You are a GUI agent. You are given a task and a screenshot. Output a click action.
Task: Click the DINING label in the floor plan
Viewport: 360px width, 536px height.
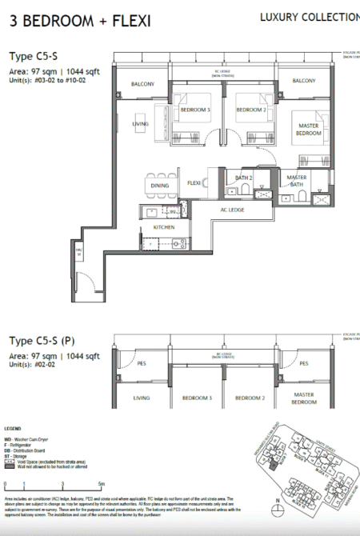tap(159, 186)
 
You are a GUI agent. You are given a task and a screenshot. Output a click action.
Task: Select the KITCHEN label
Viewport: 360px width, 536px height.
tap(163, 227)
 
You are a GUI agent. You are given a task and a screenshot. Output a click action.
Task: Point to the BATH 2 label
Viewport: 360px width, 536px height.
tap(244, 177)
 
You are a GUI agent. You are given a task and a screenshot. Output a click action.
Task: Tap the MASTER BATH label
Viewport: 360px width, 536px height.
tap(297, 181)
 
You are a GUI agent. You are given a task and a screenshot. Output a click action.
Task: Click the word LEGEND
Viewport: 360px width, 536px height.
tap(17, 430)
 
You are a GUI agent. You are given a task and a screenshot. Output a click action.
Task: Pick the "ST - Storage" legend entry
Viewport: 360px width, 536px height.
tap(26, 458)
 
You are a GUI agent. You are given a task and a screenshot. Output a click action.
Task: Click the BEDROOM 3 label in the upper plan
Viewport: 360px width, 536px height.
tap(196, 110)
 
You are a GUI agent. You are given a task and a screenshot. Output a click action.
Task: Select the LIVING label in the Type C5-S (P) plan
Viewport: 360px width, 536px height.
tap(142, 398)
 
